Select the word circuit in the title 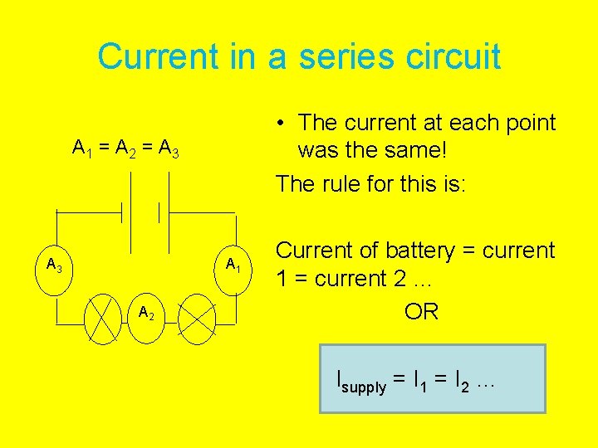tap(456, 56)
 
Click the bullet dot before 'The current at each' tap(283, 124)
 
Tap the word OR tap(421, 312)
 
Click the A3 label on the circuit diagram tap(56, 266)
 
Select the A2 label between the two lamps tap(145, 314)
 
